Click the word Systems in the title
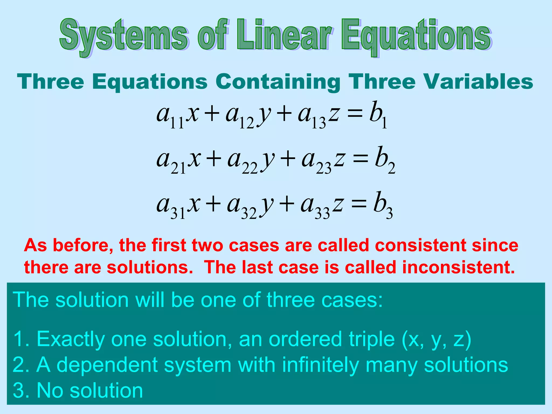tap(123, 36)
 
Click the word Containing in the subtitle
tap(278, 82)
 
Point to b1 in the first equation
tap(378, 115)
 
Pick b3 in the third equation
tap(383, 205)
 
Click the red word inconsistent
tap(458, 267)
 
